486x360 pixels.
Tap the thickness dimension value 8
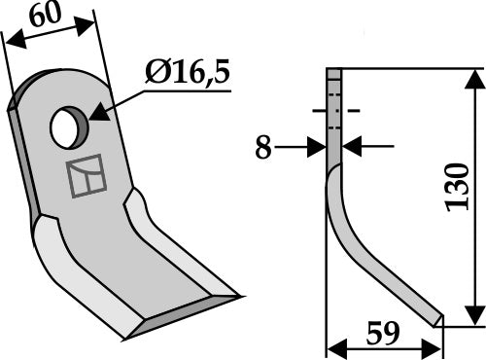pos(263,147)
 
